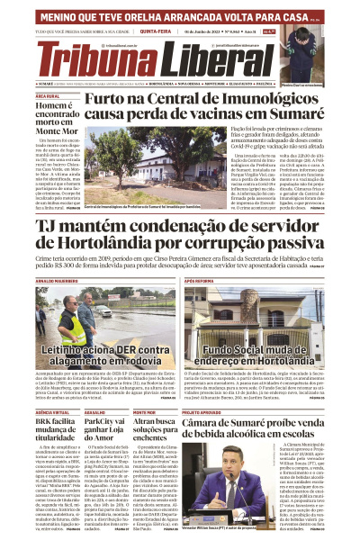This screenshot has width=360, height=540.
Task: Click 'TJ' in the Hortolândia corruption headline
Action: coord(48,222)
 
